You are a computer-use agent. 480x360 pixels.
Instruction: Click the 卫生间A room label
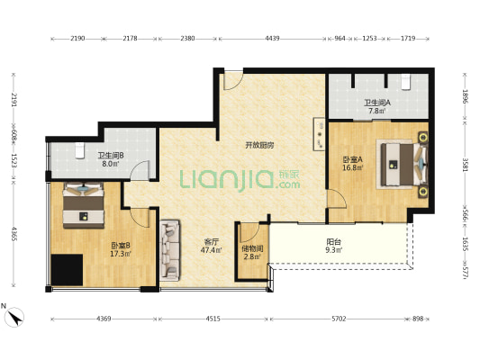[376, 103]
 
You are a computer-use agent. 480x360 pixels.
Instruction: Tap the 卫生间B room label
[111, 156]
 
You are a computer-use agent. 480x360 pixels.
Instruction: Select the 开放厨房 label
[259, 145]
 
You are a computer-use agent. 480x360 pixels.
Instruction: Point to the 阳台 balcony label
[333, 242]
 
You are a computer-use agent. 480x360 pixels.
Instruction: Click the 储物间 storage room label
[252, 249]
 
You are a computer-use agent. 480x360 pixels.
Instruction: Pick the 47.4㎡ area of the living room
[212, 250]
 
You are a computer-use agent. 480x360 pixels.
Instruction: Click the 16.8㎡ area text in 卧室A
[353, 167]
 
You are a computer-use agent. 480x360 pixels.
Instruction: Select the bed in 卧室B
[84, 205]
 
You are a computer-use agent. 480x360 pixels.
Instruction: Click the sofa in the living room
[170, 250]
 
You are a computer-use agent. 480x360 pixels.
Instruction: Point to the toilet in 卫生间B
[79, 150]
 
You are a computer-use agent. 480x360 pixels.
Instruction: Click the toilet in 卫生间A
[405, 82]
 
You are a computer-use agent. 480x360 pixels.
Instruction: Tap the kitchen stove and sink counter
[320, 134]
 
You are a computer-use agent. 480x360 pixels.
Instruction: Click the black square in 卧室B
[67, 270]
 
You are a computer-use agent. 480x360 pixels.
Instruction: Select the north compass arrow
[14, 317]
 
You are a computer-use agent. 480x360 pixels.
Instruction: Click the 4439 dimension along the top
[272, 39]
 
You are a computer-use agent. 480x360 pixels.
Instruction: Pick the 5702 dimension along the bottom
[339, 319]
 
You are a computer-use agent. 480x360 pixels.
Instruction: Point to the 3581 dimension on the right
[465, 165]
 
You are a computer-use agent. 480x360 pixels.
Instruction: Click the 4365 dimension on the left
[14, 233]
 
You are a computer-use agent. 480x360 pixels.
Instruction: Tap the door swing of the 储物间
[250, 233]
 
